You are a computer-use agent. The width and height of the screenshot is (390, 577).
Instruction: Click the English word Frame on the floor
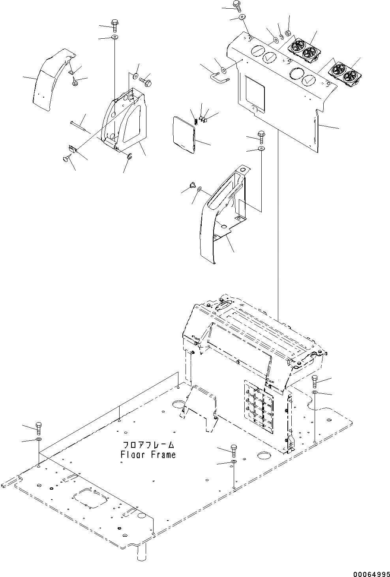click(x=160, y=455)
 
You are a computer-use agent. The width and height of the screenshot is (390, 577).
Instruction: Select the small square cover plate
click(x=184, y=134)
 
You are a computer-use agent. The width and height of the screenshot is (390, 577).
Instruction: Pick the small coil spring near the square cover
click(x=195, y=115)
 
